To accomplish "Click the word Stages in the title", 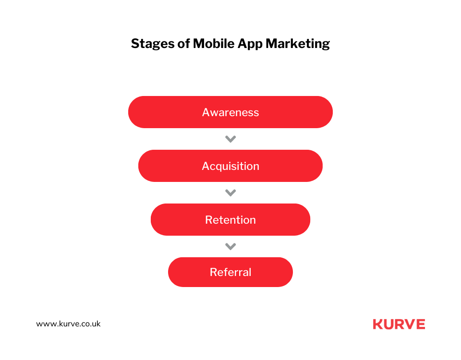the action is pyautogui.click(x=153, y=44).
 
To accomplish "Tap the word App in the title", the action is pyautogui.click(x=250, y=44).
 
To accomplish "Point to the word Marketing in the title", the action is pyautogui.click(x=298, y=44).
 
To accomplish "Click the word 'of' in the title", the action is pyautogui.click(x=184, y=44).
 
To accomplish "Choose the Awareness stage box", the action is pyautogui.click(x=230, y=112).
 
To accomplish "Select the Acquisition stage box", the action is pyautogui.click(x=230, y=166).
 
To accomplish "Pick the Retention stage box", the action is pyautogui.click(x=230, y=219).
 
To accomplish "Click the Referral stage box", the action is pyautogui.click(x=230, y=272).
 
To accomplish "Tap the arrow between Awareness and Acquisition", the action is pyautogui.click(x=230, y=139).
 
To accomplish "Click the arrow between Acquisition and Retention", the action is pyautogui.click(x=230, y=193).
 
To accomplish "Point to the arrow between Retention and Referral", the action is pyautogui.click(x=230, y=247).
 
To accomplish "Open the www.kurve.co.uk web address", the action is pyautogui.click(x=68, y=324).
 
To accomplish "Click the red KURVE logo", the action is pyautogui.click(x=399, y=324).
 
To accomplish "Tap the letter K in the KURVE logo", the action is pyautogui.click(x=377, y=324).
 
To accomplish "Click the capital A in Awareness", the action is pyautogui.click(x=206, y=112).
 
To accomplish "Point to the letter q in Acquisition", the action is pyautogui.click(x=221, y=167).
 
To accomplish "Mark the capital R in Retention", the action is pyautogui.click(x=209, y=220).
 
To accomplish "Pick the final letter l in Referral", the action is pyautogui.click(x=250, y=272).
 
